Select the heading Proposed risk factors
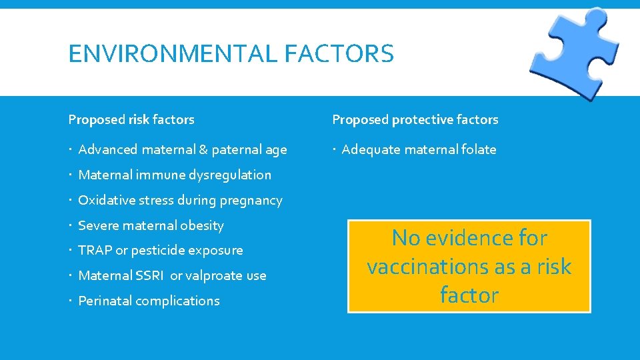[131, 120]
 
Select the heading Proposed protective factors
[415, 120]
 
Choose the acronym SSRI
[150, 276]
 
